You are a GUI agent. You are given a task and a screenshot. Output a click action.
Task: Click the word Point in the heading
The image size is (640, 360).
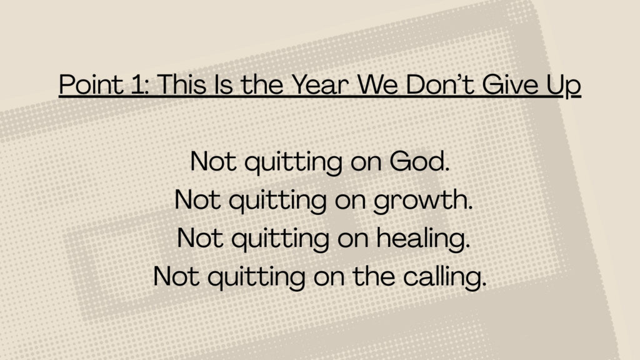91,84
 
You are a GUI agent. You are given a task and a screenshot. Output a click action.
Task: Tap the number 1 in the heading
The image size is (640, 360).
140,84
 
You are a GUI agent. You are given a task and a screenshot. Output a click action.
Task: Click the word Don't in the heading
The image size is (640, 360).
439,84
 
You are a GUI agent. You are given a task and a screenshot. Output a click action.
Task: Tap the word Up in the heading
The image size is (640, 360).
564,86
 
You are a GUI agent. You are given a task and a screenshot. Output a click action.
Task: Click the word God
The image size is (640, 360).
419,161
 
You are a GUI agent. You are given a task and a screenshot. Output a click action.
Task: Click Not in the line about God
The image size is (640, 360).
213,161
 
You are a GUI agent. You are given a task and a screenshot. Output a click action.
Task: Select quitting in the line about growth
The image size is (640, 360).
277,201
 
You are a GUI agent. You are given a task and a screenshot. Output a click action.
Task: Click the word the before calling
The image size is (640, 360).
374,276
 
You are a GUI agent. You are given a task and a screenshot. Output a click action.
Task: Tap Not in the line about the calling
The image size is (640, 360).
176,276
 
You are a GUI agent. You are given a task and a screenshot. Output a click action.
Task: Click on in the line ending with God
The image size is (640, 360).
366,163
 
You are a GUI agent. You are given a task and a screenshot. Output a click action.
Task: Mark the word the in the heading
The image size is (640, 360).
262,84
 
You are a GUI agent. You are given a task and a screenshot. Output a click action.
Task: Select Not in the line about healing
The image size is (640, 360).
200,237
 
